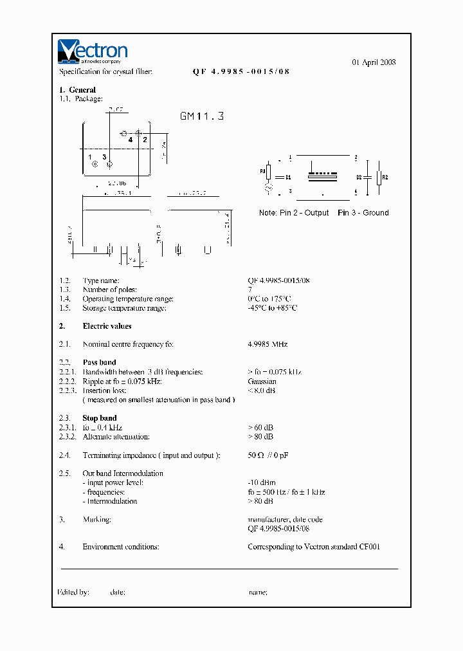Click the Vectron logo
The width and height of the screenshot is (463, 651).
(x=93, y=52)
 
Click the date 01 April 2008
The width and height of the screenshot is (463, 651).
(x=374, y=62)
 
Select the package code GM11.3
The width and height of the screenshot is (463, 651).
(x=201, y=116)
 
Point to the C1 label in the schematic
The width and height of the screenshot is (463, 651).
(x=289, y=177)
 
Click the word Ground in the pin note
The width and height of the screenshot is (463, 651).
(x=376, y=213)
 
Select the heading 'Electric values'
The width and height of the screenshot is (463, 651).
(x=107, y=326)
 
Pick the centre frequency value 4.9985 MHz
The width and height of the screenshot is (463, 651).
(x=268, y=345)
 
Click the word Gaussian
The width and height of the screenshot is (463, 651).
(x=262, y=381)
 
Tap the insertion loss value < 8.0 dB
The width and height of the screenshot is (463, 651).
(x=262, y=390)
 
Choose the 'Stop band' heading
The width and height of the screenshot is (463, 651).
(x=100, y=418)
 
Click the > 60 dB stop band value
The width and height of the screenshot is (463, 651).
(x=260, y=428)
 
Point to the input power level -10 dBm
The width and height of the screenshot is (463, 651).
(x=262, y=483)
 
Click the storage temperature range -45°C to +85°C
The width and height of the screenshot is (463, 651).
(x=272, y=308)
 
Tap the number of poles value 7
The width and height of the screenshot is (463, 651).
(x=250, y=290)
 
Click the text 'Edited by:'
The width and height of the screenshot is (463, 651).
(x=73, y=592)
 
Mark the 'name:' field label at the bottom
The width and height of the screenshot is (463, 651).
(x=257, y=592)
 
